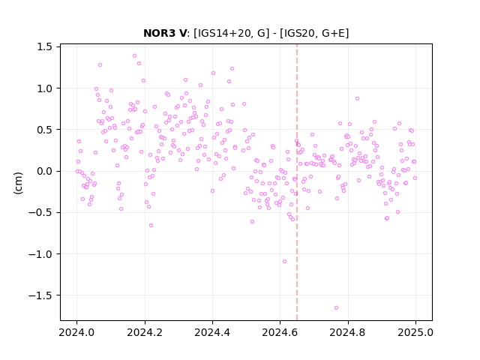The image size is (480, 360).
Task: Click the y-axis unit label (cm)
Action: (18, 183)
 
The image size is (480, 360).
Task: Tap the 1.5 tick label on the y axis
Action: (44, 46)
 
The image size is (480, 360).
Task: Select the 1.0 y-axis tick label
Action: (44, 88)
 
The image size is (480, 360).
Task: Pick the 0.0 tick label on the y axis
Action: (44, 171)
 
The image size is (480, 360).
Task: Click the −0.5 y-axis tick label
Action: (40, 212)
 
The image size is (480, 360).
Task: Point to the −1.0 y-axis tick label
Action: (40, 253)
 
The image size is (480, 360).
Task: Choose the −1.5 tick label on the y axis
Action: (40, 295)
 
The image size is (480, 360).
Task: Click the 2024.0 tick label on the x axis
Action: (76, 332)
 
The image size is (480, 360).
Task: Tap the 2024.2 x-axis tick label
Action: (145, 332)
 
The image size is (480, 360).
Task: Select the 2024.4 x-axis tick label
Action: (212, 332)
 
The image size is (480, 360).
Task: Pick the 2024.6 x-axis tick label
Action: (280, 332)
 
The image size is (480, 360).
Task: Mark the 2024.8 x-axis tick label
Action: (348, 332)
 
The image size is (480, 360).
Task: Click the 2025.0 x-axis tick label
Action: (415, 332)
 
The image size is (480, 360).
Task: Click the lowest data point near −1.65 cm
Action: (336, 308)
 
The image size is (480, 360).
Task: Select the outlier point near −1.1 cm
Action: (284, 262)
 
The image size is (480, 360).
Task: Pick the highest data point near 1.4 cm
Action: (134, 56)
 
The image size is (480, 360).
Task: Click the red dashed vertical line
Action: (297, 182)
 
